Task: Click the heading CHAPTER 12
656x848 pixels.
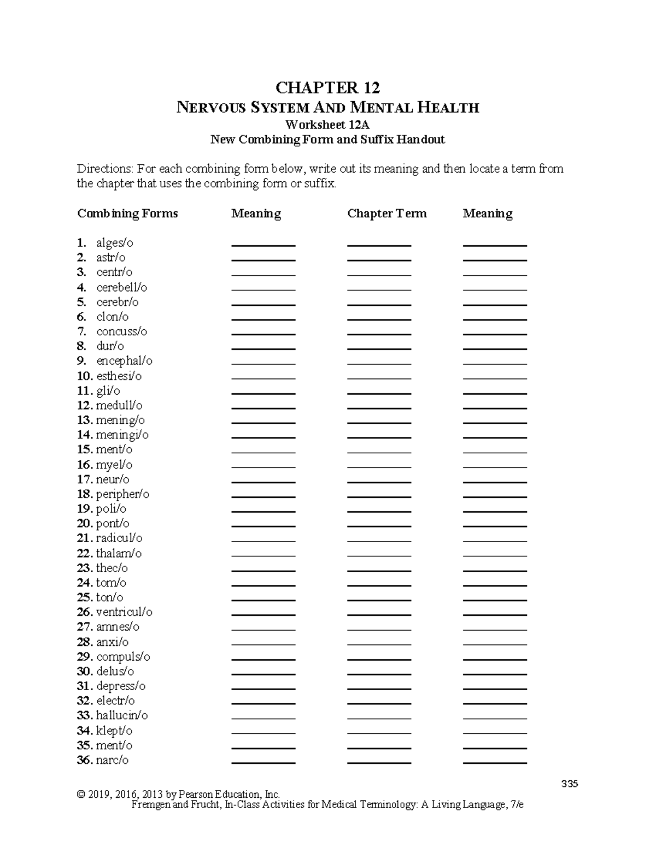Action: click(x=327, y=87)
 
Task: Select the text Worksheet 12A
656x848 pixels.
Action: click(x=327, y=124)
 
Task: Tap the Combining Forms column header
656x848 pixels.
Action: click(x=127, y=214)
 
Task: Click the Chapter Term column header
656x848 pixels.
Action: click(x=386, y=214)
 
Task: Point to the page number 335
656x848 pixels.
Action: click(x=569, y=784)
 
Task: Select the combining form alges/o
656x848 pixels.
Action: click(x=115, y=243)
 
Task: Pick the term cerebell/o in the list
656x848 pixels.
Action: click(x=121, y=287)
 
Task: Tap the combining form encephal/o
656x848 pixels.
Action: click(x=124, y=361)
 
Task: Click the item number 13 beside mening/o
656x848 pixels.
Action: click(x=84, y=420)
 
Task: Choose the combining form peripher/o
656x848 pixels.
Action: click(x=122, y=494)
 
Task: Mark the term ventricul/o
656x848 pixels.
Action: click(x=124, y=612)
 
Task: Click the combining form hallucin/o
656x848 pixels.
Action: click(x=122, y=715)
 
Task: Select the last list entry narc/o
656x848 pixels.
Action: click(x=112, y=760)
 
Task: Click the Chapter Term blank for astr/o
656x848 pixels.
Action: click(x=379, y=259)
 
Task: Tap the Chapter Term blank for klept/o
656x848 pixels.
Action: click(x=379, y=733)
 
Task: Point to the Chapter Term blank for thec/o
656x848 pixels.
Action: click(x=379, y=570)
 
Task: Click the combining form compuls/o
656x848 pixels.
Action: click(x=123, y=657)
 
